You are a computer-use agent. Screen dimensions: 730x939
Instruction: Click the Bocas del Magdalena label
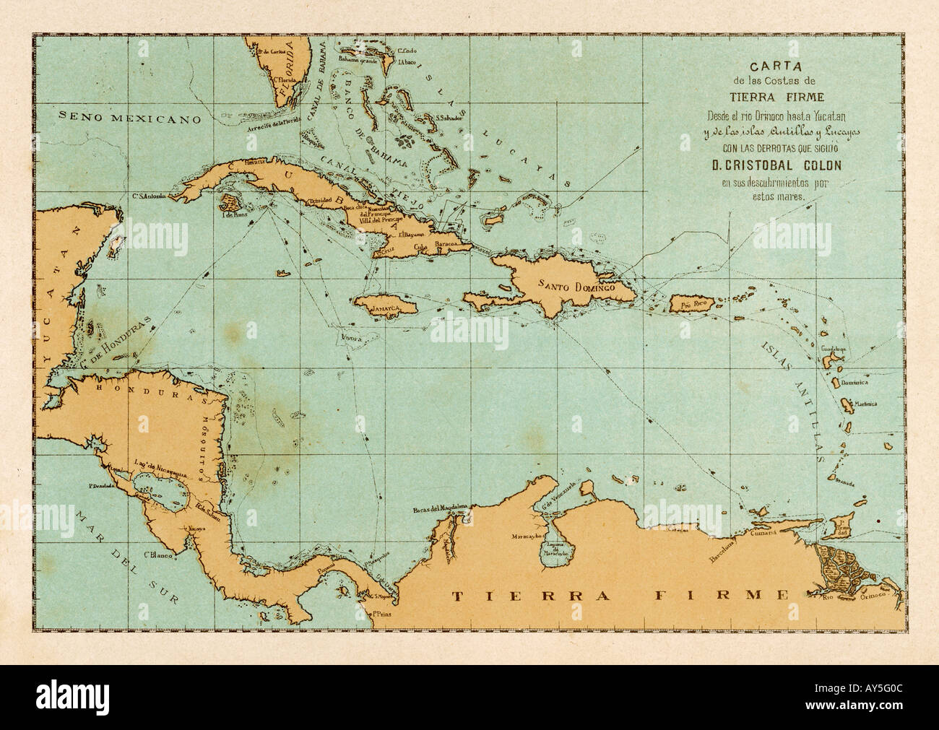pyautogui.click(x=441, y=510)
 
